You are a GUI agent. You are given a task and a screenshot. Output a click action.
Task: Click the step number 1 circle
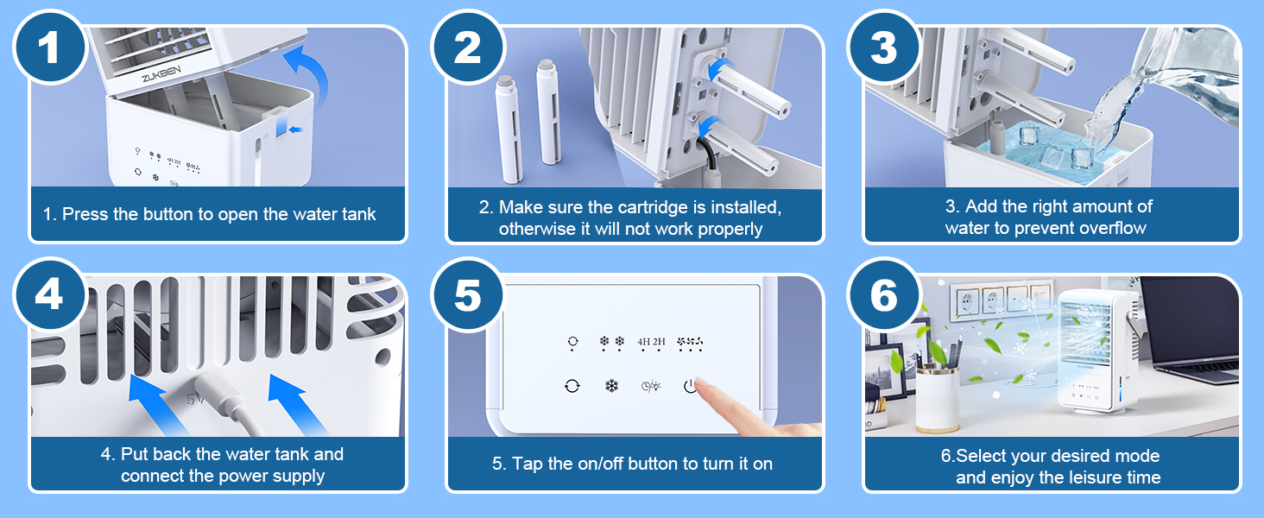(49, 47)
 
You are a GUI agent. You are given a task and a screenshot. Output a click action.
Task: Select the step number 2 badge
(467, 47)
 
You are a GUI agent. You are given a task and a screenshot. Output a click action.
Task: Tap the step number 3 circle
(883, 47)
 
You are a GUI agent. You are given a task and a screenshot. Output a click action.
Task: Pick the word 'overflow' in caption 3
(1109, 228)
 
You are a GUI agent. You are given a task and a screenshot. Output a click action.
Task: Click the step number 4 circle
(49, 294)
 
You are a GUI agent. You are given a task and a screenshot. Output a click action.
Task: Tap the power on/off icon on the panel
(689, 386)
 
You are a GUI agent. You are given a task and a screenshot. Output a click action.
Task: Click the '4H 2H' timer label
(651, 342)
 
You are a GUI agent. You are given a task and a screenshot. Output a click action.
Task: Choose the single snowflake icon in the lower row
(611, 386)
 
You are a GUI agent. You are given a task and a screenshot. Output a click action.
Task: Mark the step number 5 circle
(467, 294)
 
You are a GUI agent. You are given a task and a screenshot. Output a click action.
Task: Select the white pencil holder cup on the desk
(938, 401)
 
